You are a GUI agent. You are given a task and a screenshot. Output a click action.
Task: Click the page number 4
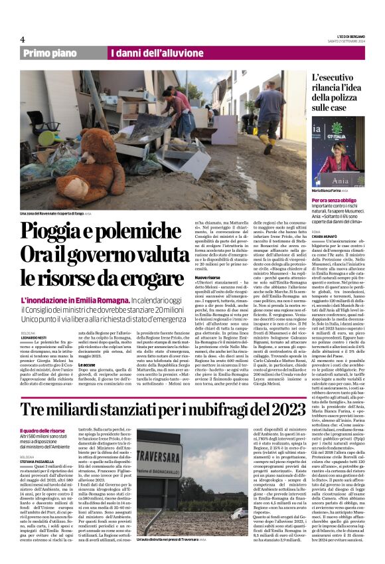(22, 39)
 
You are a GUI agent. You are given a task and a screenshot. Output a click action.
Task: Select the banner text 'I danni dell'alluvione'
(147, 54)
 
